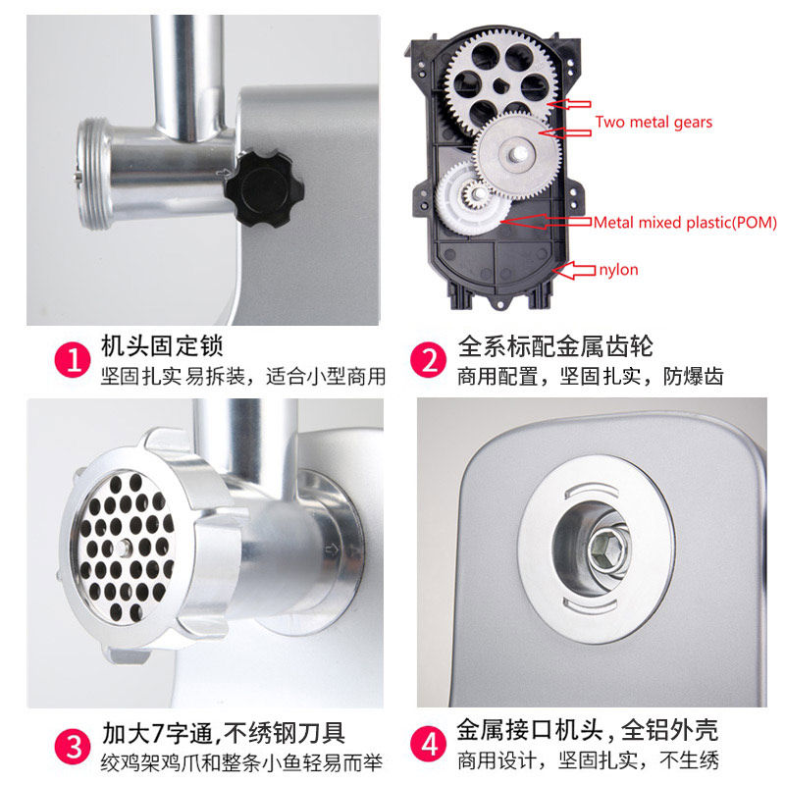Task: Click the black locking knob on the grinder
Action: [x=264, y=189]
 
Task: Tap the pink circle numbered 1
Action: [x=73, y=359]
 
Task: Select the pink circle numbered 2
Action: [x=428, y=359]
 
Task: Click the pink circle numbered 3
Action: [x=73, y=746]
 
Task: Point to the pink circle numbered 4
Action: [x=428, y=744]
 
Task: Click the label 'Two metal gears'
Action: [x=654, y=122]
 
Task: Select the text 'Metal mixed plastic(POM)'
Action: [x=685, y=223]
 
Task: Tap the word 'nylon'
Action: [x=618, y=270]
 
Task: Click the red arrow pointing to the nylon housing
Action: [x=574, y=271]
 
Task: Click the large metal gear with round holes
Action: [x=500, y=82]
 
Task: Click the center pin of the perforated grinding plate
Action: [x=124, y=549]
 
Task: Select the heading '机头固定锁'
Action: [x=162, y=346]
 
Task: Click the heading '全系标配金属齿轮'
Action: [x=555, y=346]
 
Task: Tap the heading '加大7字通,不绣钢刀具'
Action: [x=224, y=733]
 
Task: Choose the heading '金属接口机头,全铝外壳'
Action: [x=587, y=730]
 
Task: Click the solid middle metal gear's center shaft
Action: [x=516, y=155]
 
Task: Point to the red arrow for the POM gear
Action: [x=546, y=222]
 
